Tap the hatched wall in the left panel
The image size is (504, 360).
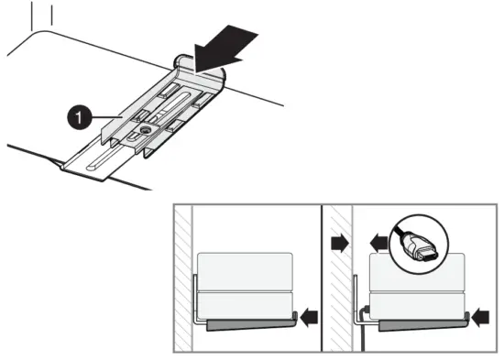click(183, 275)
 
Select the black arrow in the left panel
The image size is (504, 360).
click(311, 317)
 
